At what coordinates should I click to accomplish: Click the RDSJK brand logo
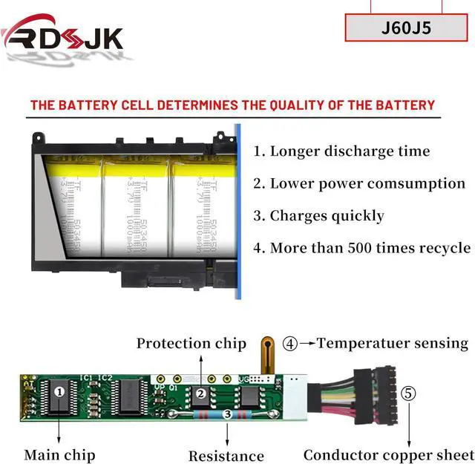tap(63, 36)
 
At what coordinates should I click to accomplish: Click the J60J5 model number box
tap(406, 28)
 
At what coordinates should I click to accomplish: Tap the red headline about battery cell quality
tap(232, 105)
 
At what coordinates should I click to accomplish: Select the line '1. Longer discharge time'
tap(341, 151)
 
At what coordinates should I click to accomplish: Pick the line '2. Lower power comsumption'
tap(359, 183)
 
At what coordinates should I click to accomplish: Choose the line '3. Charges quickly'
tap(318, 216)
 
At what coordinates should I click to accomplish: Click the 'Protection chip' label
tap(191, 343)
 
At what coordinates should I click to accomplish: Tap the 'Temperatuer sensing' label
tap(393, 343)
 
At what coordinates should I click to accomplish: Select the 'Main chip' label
tap(59, 454)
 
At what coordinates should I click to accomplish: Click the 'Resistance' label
tap(226, 456)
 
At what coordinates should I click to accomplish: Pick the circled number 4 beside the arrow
tap(290, 344)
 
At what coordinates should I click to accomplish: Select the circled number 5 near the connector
tap(409, 393)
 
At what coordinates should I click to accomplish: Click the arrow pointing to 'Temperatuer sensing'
tap(307, 344)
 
